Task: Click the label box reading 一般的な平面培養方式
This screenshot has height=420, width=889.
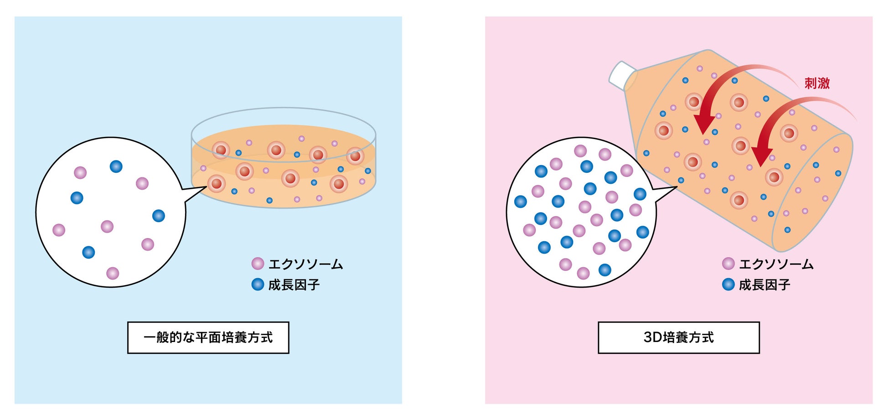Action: pos(208,337)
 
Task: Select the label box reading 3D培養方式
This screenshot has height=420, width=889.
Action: pos(678,337)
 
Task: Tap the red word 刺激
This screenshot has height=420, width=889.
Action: pos(817,83)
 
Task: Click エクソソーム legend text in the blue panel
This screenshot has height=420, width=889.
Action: pos(305,264)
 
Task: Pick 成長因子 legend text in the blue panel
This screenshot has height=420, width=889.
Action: pos(294,285)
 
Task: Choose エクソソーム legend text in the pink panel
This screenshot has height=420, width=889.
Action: pos(776,264)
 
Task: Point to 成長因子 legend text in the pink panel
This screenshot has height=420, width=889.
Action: pos(764,285)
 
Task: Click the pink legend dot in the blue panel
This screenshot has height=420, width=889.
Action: pos(258,264)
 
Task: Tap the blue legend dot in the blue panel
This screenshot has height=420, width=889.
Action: pos(258,285)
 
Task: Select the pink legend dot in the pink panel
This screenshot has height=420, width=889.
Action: pos(728,264)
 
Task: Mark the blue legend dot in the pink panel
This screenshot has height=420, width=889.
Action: pos(728,285)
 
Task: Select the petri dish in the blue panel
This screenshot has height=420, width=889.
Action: pos(284,160)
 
